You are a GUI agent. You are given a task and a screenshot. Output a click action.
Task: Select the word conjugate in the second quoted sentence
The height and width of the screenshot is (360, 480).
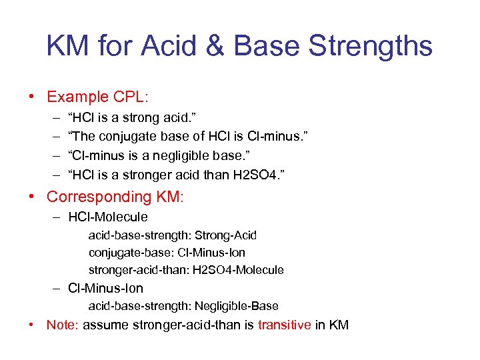125,137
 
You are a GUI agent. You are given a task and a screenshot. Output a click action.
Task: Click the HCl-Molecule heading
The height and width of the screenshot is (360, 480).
108,217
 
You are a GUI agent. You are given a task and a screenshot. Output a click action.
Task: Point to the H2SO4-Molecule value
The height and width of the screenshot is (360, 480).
239,270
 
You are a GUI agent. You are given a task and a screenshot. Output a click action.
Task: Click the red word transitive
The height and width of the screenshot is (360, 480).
284,325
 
